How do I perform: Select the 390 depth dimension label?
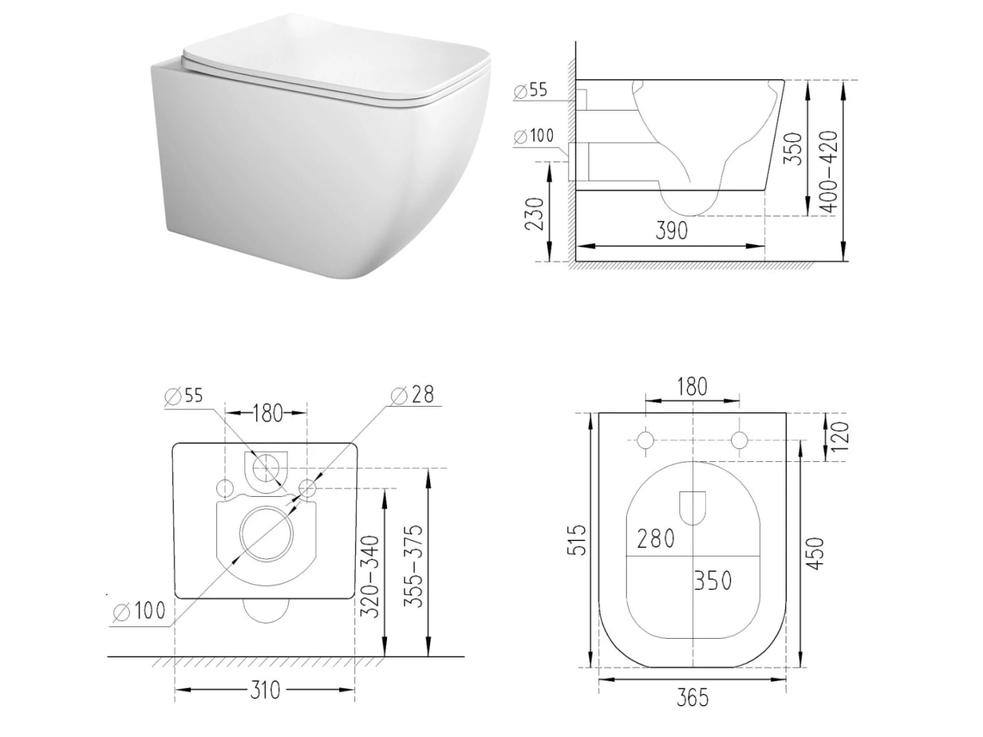coord(672,231)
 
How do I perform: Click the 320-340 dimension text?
coord(369,577)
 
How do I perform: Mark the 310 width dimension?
coord(264,690)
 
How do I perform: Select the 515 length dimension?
coord(577,539)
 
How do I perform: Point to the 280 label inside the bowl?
coord(655,538)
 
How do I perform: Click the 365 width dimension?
coord(693,698)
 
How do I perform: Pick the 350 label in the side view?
coord(792,148)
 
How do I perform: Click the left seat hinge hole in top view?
coord(645,440)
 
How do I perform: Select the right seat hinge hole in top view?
coord(739,440)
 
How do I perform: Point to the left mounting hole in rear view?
coord(224,487)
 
